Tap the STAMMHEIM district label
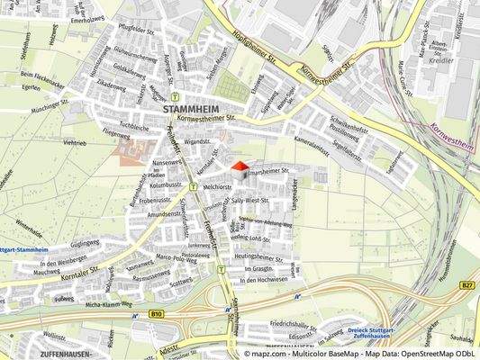pyautogui.click(x=191, y=109)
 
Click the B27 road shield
pyautogui.click(x=466, y=285)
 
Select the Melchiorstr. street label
pyautogui.click(x=218, y=186)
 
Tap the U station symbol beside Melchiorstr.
pyautogui.click(x=194, y=186)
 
